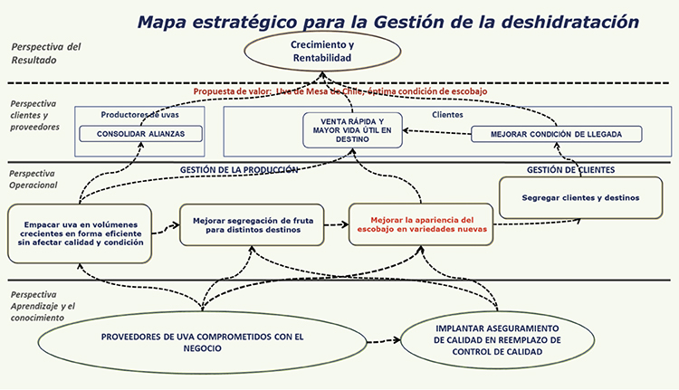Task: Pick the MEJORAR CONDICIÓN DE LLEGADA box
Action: click(556, 134)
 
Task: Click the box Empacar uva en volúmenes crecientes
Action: click(78, 232)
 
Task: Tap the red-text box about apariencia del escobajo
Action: click(421, 224)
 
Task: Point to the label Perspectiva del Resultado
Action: click(45, 53)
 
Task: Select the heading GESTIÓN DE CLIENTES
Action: click(570, 169)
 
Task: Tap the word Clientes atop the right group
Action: click(448, 115)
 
